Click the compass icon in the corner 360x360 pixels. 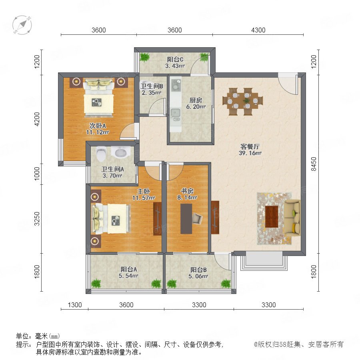tap(22, 25)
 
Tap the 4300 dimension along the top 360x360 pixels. tap(258, 30)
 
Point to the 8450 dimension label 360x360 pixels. tap(314, 164)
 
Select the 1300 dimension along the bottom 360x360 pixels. tap(75, 305)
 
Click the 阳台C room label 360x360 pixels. tap(175, 60)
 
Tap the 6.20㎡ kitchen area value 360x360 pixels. tap(196, 106)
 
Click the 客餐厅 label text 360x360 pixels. tap(250, 146)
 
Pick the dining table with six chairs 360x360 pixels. tap(242, 101)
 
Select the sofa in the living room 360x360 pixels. tap(292, 217)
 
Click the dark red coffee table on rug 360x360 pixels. tap(272, 217)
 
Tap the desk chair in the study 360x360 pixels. tap(197, 218)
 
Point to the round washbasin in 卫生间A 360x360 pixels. tap(121, 152)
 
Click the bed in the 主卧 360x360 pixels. tap(111, 218)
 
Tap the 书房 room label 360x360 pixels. tap(187, 191)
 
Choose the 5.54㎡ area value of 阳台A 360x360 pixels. tap(128, 276)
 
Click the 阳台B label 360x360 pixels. tap(198, 270)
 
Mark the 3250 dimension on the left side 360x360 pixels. tap(37, 218)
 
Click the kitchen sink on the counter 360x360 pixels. tap(176, 112)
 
